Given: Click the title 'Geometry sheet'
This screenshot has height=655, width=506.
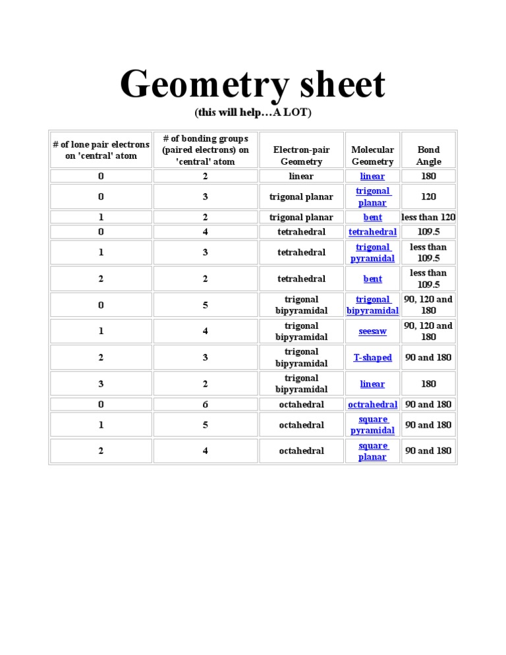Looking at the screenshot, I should click(x=252, y=85).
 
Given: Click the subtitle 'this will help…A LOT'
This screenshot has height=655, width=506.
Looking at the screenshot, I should click(x=252, y=113).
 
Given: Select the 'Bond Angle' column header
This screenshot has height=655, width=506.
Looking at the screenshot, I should click(x=428, y=156).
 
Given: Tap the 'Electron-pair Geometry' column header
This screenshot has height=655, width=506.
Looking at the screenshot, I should click(x=301, y=156).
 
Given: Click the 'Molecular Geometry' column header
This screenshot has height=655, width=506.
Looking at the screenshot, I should click(x=372, y=156).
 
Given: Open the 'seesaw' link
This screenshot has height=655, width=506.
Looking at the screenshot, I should click(x=372, y=331).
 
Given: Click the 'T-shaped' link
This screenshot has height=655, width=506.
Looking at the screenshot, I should click(x=372, y=358).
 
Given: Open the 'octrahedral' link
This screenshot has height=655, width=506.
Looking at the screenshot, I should click(x=372, y=405).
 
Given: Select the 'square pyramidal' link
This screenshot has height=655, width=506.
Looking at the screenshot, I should click(x=372, y=425).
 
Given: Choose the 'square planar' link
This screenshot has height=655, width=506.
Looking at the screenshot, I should click(x=372, y=451).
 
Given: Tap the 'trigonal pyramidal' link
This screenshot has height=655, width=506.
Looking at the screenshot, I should click(x=372, y=253).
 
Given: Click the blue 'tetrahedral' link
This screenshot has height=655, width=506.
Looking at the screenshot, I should click(x=372, y=232).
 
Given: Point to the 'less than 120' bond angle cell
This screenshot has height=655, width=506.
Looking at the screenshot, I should click(x=428, y=217).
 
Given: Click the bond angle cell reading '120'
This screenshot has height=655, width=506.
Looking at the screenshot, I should click(x=428, y=196).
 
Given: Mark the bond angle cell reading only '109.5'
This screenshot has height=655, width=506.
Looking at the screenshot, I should click(x=428, y=232).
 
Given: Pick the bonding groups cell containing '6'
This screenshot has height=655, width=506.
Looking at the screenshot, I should click(x=205, y=405).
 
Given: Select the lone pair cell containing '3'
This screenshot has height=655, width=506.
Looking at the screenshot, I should click(x=101, y=384).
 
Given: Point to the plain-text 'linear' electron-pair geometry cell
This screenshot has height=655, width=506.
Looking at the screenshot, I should click(x=301, y=176).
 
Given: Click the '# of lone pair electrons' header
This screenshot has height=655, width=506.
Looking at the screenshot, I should click(x=101, y=150).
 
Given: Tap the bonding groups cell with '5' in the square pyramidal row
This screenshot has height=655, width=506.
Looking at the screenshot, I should click(x=205, y=425).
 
